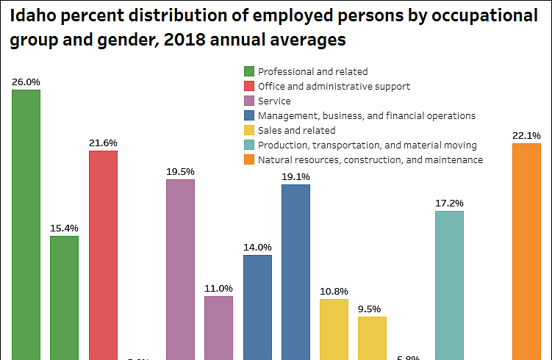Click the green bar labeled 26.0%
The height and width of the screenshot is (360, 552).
(26, 224)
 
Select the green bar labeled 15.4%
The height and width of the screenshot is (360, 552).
(64, 298)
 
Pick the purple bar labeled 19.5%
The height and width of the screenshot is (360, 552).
(180, 269)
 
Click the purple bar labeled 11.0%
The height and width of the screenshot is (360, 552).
(218, 328)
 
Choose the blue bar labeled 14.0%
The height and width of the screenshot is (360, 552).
(257, 307)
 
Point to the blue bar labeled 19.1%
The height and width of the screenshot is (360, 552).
(295, 272)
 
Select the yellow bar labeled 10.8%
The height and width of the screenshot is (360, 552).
(334, 329)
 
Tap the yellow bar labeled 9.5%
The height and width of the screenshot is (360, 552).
(372, 338)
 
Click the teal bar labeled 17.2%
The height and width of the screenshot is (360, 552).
(449, 285)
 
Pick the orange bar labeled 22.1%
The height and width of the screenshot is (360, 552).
(526, 251)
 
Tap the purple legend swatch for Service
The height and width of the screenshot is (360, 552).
(249, 101)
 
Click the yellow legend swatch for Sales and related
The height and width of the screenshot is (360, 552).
(249, 130)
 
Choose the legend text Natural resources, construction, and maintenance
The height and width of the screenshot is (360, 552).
(370, 159)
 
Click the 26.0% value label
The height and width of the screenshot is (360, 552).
(26, 82)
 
